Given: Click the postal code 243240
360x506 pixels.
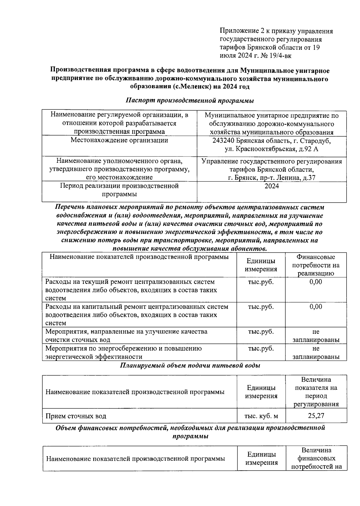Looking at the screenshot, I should pos(224,141).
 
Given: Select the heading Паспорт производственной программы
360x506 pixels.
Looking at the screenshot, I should pos(190,100).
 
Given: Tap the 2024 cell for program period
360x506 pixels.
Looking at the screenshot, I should pos(271,186).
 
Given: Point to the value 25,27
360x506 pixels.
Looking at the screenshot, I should pos(316,416).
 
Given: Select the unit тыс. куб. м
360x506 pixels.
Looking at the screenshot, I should pos(261,416).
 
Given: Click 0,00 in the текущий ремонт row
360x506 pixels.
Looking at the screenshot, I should pos(316,282).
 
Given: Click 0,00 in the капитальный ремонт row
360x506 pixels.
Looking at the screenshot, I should pos(316,307).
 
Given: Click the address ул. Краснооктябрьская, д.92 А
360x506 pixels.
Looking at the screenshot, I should pos(271,149).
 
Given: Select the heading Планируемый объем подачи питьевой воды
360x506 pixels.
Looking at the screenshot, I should pos(190,365).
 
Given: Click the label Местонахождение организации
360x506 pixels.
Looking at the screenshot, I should pos(119,140).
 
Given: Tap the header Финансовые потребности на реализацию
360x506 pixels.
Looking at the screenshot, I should pos(316,265).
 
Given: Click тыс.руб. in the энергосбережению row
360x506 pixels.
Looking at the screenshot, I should pos(260,349).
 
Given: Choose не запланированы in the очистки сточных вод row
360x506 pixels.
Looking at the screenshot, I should pos(316,336).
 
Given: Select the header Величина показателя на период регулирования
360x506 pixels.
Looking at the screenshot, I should pos(316,391).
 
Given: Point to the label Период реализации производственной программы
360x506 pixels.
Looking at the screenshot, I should pos(119,190).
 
